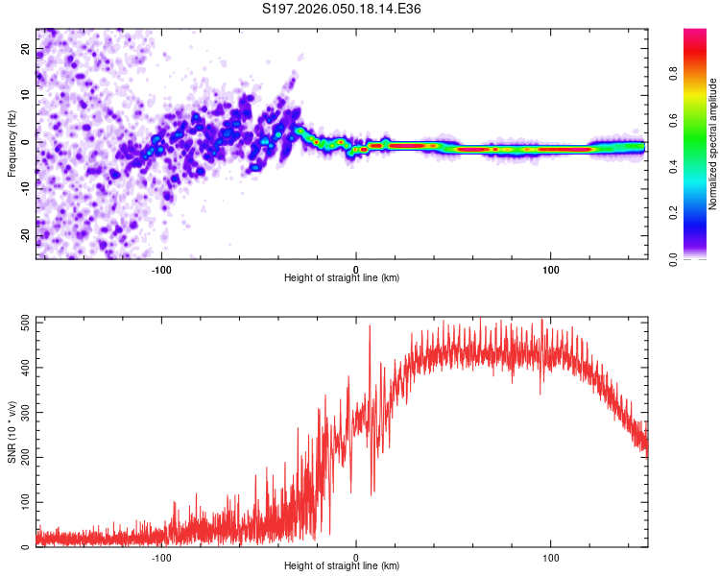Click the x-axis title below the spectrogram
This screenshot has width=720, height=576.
(342, 278)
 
